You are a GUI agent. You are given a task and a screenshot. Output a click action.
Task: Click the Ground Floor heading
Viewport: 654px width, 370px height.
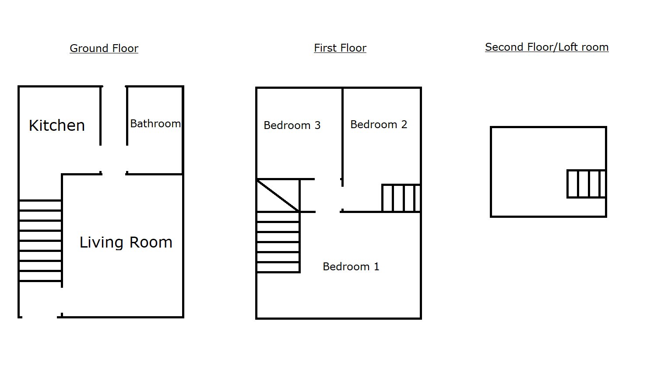click(104, 48)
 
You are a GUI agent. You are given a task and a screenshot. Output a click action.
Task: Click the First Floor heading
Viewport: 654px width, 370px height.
click(340, 48)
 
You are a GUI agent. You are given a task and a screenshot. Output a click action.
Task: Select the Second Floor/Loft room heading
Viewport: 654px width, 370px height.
click(546, 47)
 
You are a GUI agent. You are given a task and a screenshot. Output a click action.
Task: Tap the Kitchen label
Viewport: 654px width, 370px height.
click(56, 126)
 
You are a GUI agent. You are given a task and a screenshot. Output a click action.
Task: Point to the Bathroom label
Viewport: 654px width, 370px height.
click(155, 124)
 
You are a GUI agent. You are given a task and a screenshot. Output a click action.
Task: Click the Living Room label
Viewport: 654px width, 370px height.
click(126, 242)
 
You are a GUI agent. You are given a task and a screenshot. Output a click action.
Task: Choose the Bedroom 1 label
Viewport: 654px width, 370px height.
click(351, 267)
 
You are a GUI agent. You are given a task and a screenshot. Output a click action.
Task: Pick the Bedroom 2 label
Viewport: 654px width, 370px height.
click(379, 125)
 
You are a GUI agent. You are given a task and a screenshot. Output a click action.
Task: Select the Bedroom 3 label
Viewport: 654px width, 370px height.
click(292, 126)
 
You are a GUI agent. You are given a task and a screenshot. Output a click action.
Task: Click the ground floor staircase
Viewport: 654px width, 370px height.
click(40, 241)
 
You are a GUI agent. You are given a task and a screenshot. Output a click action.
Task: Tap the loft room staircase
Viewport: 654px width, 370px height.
click(586, 184)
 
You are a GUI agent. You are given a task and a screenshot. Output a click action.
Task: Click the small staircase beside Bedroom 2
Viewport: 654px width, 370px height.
click(401, 198)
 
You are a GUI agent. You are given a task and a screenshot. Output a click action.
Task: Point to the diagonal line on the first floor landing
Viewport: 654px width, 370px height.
click(278, 195)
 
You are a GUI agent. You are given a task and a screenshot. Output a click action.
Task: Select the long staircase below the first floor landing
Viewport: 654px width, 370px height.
click(278, 242)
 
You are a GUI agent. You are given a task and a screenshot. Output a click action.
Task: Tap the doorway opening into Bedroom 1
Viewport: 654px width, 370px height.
click(328, 212)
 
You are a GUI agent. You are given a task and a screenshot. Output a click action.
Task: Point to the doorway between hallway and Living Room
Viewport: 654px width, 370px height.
click(114, 174)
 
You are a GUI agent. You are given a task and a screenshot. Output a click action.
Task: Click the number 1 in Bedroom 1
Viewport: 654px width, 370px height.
click(376, 267)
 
